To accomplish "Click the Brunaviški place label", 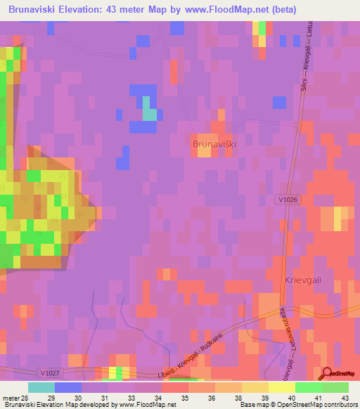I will (x=214, y=143).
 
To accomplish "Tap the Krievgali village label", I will (x=302, y=280).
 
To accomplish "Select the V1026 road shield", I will (x=286, y=200).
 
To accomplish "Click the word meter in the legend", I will (x=11, y=397).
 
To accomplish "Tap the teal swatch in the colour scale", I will (x=41, y=387).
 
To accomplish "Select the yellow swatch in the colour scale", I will (x=281, y=387).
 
